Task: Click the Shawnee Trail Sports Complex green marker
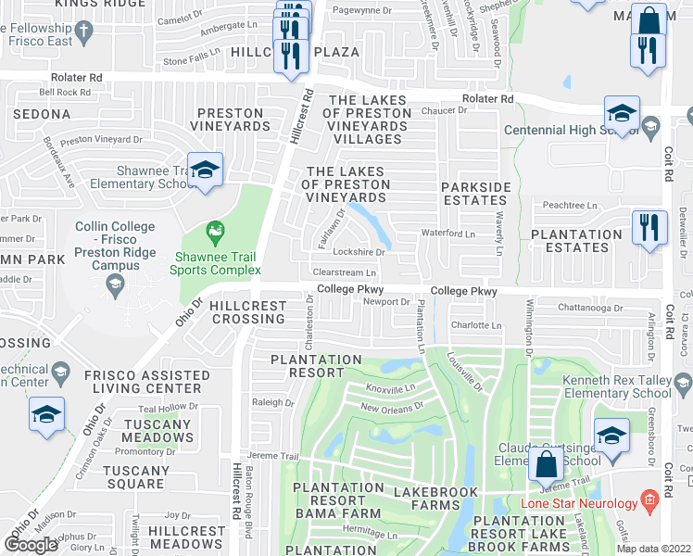pyautogui.click(x=216, y=228)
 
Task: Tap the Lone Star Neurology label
pyautogui.click(x=586, y=503)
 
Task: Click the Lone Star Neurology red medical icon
pyautogui.click(x=649, y=503)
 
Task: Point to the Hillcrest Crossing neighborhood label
pyautogui.click(x=242, y=311)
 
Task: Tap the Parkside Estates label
pyautogui.click(x=476, y=194)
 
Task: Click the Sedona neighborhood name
pyautogui.click(x=42, y=114)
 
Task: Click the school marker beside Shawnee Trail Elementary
pyautogui.click(x=205, y=170)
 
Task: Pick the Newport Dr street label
pyautogui.click(x=385, y=301)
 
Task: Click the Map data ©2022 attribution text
pyautogui.click(x=654, y=549)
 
